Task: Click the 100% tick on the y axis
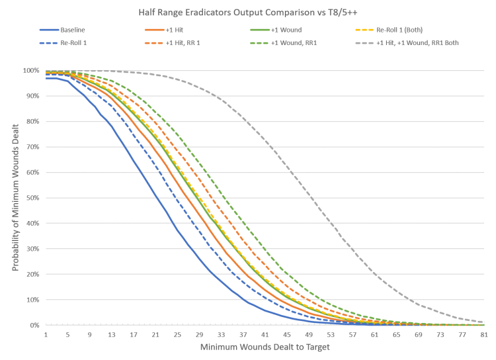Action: pos(31,70)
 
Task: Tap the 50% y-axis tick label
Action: pos(32,198)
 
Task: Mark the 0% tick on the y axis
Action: pos(34,325)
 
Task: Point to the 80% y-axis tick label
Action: pos(32,121)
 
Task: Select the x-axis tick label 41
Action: pos(265,336)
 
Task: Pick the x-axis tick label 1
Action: pos(46,336)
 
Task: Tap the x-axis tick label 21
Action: pos(155,336)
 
